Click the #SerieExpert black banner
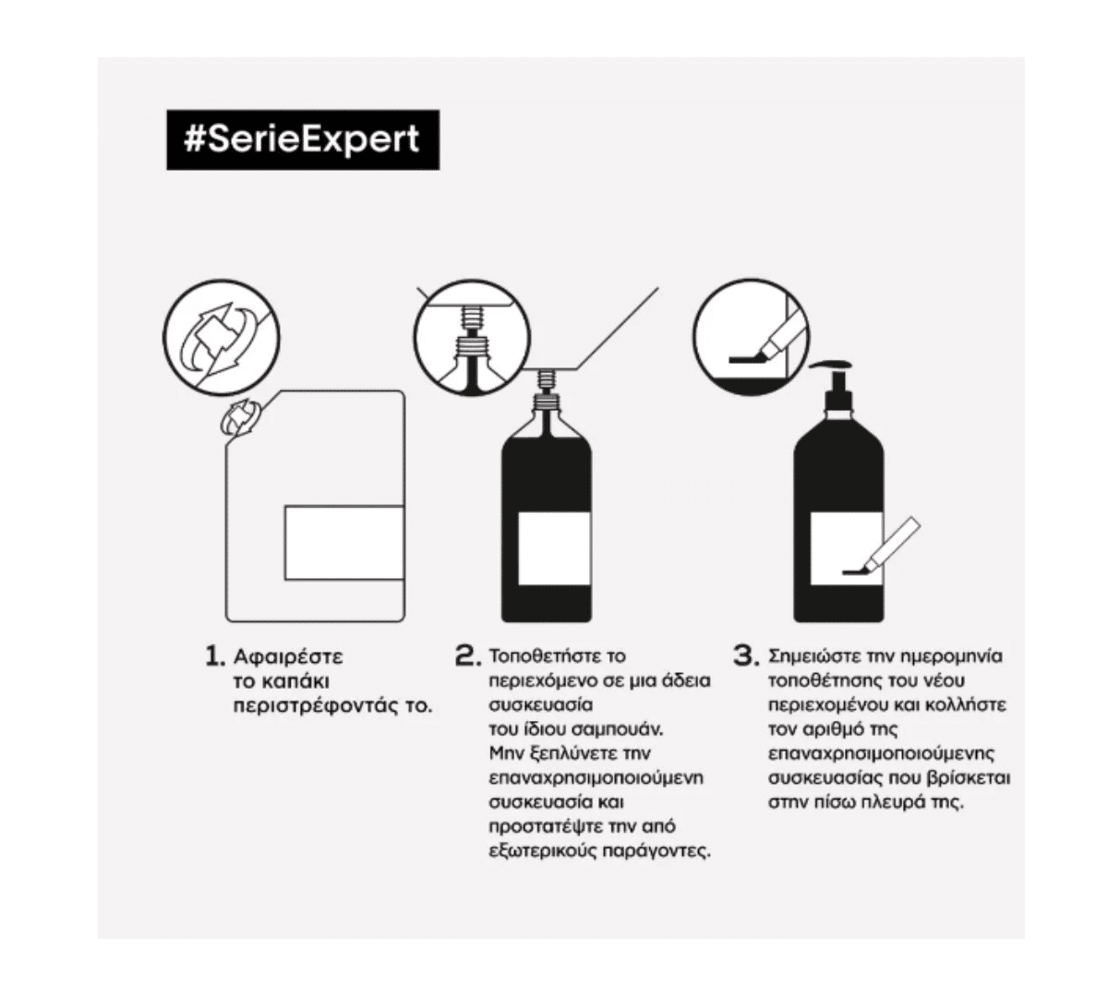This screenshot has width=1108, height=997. click(303, 139)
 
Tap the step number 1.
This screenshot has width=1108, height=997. click(215, 656)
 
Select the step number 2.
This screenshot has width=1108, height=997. click(464, 656)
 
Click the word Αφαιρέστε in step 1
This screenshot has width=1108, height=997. click(288, 657)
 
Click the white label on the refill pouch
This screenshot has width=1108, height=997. click(344, 543)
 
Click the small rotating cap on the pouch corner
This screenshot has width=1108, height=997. click(240, 418)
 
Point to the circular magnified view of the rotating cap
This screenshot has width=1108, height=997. click(222, 338)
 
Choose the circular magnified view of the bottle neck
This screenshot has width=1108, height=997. click(472, 338)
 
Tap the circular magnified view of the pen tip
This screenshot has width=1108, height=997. click(751, 338)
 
